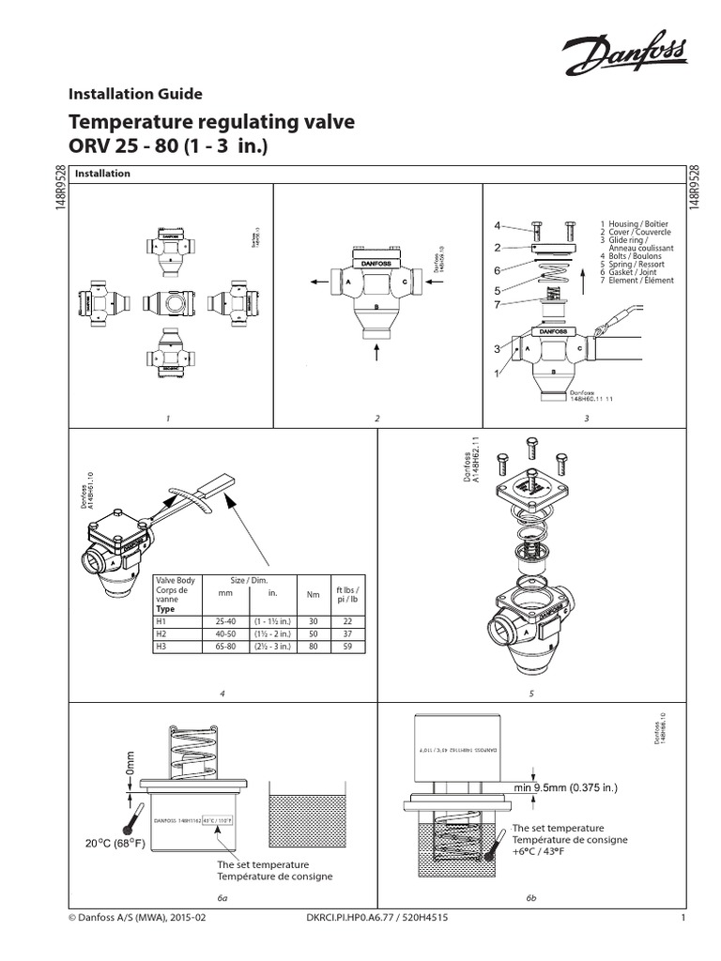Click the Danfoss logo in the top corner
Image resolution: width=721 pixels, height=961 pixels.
pos(622,55)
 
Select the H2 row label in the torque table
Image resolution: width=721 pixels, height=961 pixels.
pos(161,633)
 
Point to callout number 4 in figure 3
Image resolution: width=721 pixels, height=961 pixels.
pos(500,225)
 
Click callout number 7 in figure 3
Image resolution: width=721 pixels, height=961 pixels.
pos(500,302)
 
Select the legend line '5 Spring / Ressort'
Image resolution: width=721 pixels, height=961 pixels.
pos(630,264)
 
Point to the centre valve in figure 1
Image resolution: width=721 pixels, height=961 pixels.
pos(168,303)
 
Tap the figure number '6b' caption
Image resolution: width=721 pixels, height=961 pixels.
pos(530,898)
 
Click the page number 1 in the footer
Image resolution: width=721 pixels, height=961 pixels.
pos(685,919)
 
